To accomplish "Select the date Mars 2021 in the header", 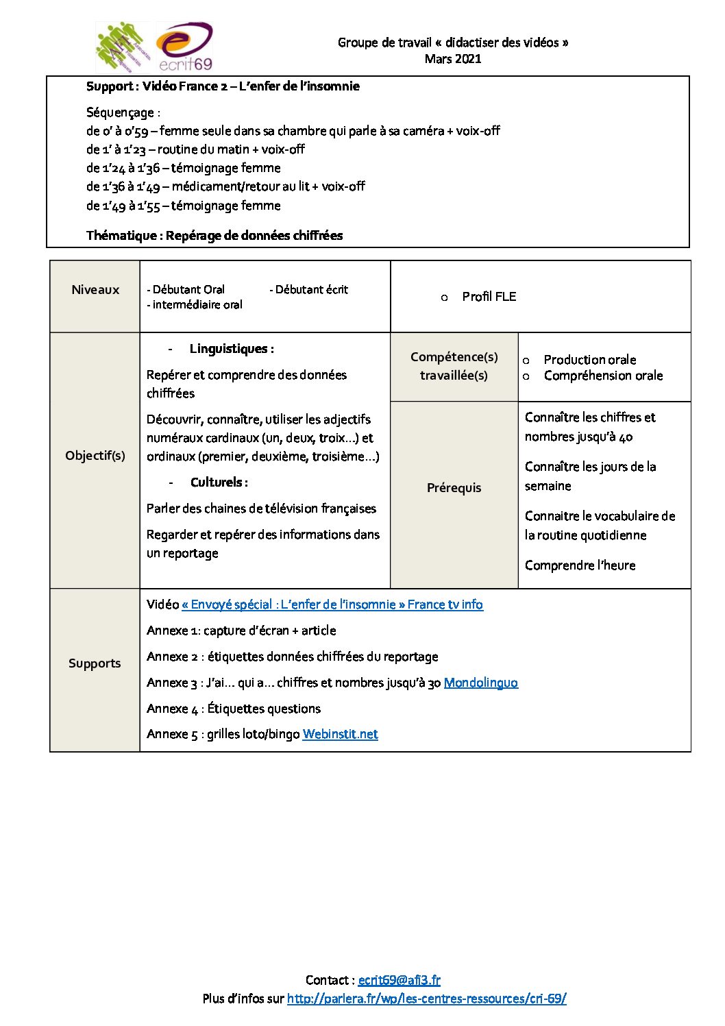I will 453,59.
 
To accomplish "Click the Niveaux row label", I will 95,290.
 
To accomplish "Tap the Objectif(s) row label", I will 95,456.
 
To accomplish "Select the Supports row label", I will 95,663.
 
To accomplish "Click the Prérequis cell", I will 454,488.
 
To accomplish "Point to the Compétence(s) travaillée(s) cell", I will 454,366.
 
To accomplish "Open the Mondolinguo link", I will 480,683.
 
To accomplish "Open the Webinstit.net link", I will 340,734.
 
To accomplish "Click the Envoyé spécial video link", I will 332,604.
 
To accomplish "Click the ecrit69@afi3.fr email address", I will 399,980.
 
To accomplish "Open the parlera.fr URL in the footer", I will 426,999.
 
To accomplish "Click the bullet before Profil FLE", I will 445,297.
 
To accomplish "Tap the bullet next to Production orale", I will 526,361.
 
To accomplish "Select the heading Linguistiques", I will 232,349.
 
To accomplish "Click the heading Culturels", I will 219,483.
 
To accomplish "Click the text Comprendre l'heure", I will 580,565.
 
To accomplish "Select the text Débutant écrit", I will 311,290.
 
